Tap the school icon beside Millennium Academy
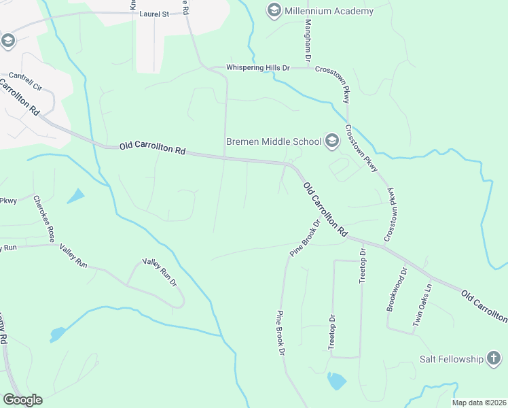(274, 10)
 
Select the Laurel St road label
(158, 13)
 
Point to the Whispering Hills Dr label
(258, 69)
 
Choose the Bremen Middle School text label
(273, 142)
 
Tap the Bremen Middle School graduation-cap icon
(331, 141)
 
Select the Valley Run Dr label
(159, 271)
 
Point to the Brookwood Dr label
(397, 289)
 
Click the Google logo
(22, 400)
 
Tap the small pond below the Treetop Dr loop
(336, 381)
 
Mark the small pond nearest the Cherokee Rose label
(76, 196)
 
